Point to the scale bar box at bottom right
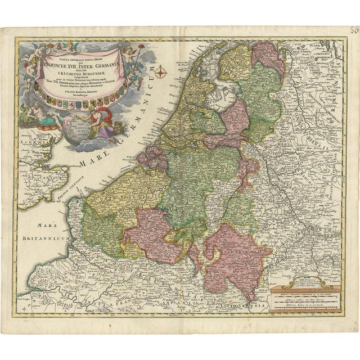click(x=304, y=297)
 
